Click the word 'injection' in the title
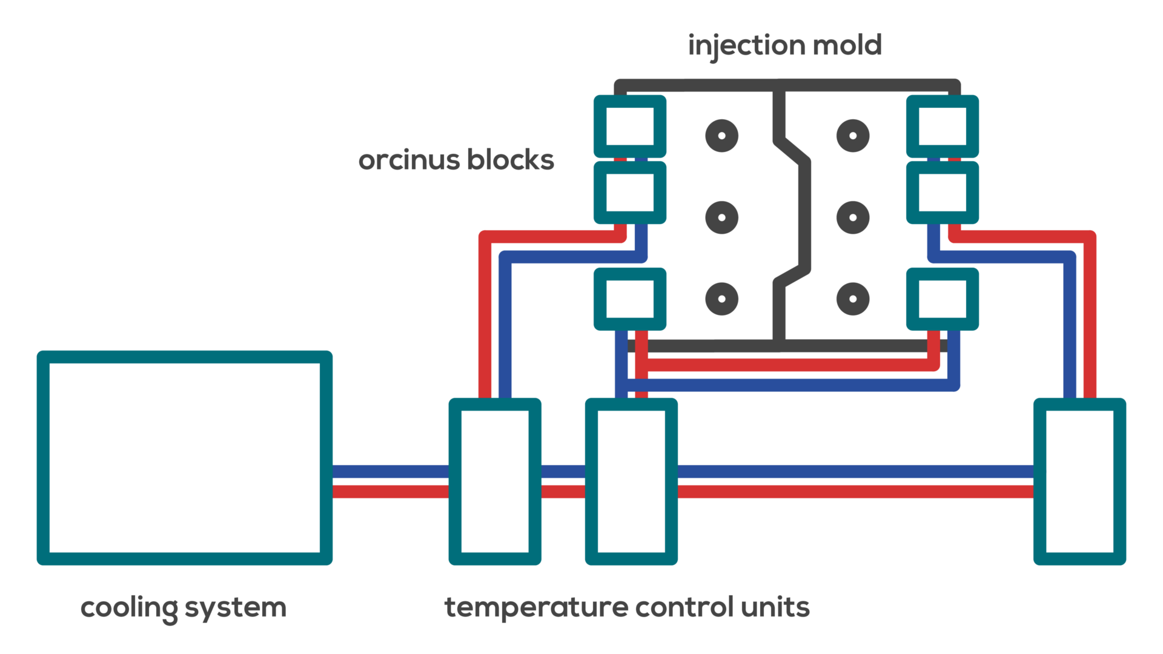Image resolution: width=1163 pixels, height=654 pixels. coord(746,45)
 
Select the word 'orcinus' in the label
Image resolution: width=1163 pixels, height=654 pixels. coord(409,160)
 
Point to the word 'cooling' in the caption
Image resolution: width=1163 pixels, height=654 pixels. coord(128,607)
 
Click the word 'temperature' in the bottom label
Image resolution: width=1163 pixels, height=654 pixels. coord(536,607)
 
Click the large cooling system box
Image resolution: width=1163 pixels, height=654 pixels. coord(185,458)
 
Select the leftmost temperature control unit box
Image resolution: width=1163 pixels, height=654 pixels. coord(495,481)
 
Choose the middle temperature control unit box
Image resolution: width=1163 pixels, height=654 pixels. coord(631,481)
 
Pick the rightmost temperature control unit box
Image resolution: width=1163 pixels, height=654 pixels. coord(1079,481)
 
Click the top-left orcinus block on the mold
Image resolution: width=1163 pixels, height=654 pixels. coord(630,126)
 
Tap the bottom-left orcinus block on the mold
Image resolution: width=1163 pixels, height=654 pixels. coord(630,299)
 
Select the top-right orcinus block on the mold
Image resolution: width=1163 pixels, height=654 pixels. coord(943,126)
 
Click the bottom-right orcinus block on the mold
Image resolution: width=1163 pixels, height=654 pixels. coord(943,299)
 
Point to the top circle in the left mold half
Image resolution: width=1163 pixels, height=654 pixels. coord(721,136)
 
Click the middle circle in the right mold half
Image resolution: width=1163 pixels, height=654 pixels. coord(853,217)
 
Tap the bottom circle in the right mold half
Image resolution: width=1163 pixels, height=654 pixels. coord(853,299)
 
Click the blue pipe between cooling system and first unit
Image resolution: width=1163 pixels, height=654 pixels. coord(391,472)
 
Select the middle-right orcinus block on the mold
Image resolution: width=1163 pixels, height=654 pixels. coord(943,193)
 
